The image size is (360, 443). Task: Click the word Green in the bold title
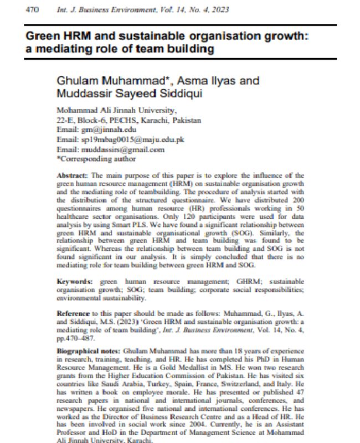click(42, 36)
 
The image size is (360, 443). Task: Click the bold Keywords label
click(74, 281)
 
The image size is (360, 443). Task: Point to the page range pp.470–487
click(78, 338)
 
